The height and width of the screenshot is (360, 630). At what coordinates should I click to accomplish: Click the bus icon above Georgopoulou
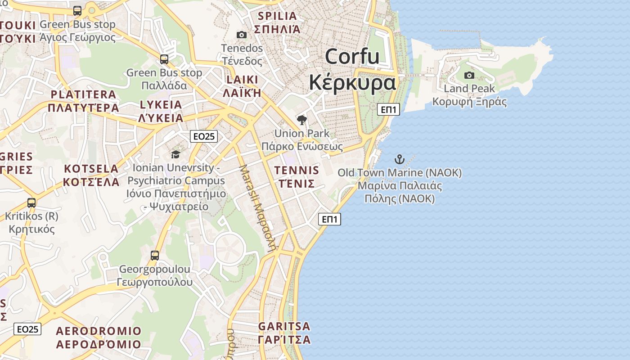(x=155, y=256)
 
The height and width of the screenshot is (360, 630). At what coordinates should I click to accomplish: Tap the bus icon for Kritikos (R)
(x=31, y=203)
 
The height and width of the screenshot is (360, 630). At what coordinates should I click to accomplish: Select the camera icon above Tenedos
(x=242, y=35)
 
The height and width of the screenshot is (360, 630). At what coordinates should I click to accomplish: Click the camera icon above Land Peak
(x=469, y=75)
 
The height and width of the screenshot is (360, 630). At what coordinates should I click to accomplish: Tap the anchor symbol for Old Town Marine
(x=399, y=159)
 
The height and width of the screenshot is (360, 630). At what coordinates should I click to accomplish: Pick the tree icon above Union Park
(x=302, y=120)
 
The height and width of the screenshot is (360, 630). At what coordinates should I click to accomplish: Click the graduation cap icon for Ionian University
(x=175, y=154)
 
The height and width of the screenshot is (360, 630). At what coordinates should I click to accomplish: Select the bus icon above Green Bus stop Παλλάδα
(x=164, y=59)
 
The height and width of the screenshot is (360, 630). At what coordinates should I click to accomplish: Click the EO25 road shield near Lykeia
(x=204, y=136)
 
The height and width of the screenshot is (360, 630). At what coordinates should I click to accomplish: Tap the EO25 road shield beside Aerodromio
(x=27, y=329)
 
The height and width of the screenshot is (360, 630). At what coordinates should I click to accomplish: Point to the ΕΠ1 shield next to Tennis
(x=329, y=219)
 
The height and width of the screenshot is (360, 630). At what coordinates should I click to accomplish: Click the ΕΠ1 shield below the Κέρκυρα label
(x=388, y=109)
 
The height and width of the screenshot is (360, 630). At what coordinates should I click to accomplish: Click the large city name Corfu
(x=352, y=57)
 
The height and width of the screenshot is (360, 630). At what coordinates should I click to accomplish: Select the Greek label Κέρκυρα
(x=352, y=83)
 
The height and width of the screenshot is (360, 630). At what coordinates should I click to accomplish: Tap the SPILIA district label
(x=277, y=17)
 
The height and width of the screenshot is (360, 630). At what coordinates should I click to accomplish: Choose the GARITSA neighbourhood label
(x=284, y=326)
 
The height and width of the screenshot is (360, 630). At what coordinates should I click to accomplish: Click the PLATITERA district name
(x=84, y=94)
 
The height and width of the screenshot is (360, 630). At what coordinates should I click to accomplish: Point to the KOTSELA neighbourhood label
(x=91, y=169)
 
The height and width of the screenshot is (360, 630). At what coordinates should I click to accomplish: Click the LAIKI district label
(x=243, y=80)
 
